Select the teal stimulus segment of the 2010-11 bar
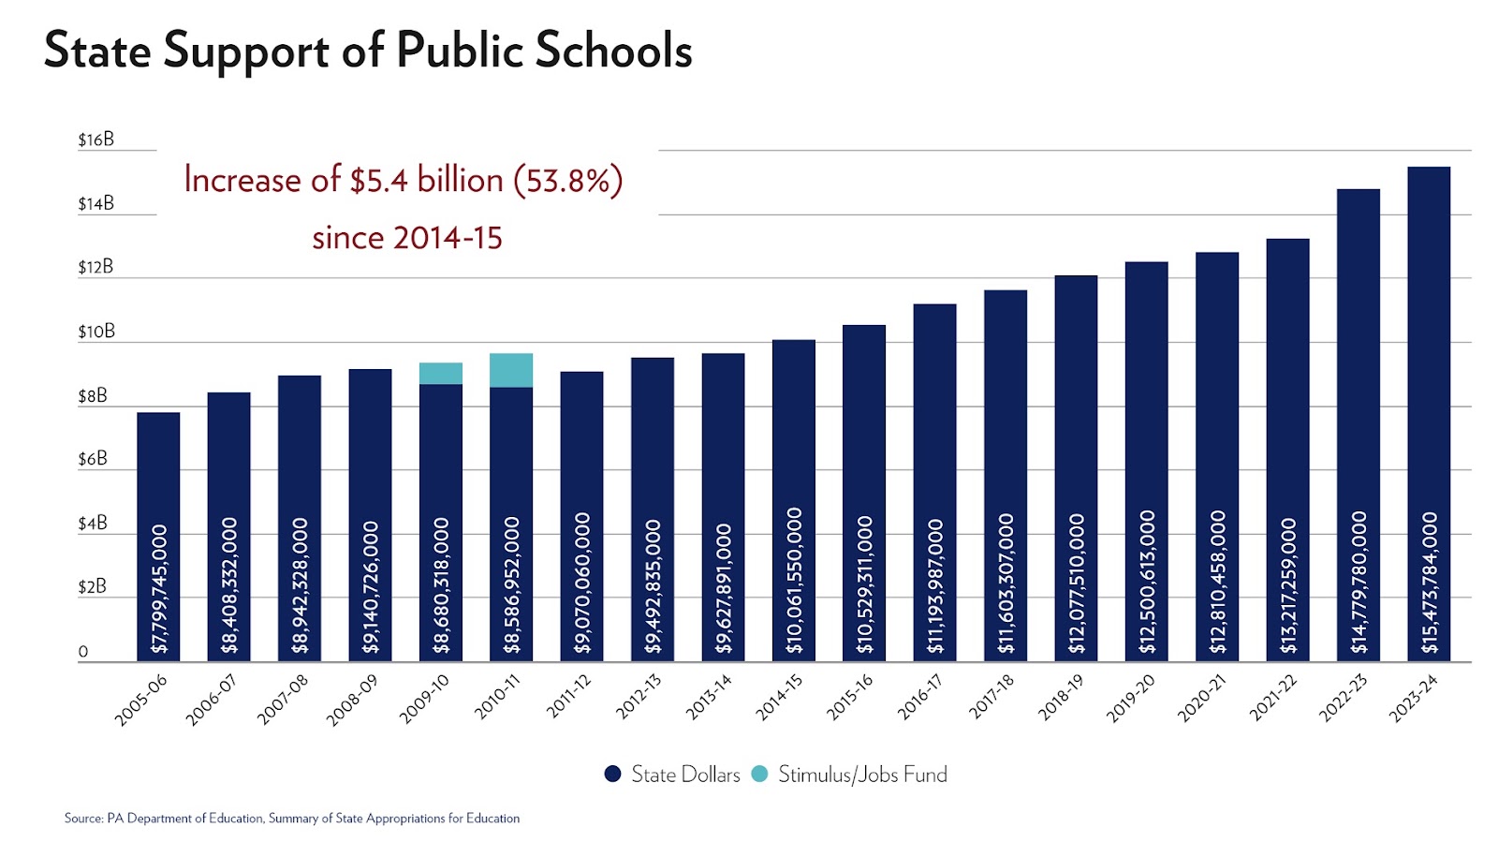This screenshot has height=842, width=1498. point(511,370)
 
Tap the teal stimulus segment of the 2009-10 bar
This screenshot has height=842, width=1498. point(440,373)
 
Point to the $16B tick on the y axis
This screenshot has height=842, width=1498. point(96,140)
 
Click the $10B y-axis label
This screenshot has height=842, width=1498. point(96,332)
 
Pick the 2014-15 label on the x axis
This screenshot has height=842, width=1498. point(780,698)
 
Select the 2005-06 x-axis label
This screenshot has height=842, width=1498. point(141,700)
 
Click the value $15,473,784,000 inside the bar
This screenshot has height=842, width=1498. point(1429,582)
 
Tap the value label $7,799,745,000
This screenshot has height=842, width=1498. point(159,588)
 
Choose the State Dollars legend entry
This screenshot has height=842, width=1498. point(672,775)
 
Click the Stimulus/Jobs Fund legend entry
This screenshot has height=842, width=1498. point(850,775)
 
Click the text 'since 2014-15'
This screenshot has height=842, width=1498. point(407,238)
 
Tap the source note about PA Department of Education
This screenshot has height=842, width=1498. point(291,819)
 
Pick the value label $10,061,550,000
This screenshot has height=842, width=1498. point(794,581)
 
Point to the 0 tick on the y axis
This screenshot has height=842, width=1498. point(83,652)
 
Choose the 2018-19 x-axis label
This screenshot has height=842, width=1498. point(1061,698)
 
